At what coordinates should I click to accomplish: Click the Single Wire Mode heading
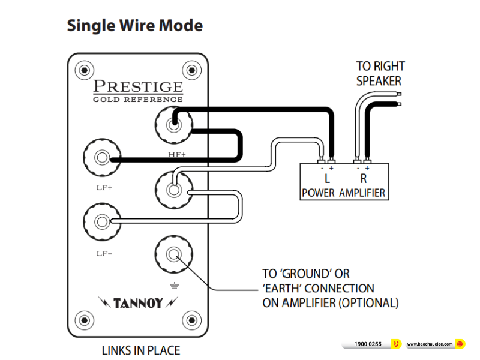tap(134, 26)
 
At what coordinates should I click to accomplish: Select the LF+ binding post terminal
tap(101, 158)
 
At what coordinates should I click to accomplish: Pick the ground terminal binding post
tap(173, 254)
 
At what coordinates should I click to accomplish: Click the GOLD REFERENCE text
tap(137, 99)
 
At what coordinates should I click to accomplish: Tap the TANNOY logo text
tap(138, 302)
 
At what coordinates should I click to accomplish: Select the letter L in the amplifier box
tap(327, 178)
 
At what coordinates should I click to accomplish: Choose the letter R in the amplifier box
tap(363, 178)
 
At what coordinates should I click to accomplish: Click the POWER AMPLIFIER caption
tap(343, 193)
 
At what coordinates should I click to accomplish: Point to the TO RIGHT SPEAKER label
tap(380, 73)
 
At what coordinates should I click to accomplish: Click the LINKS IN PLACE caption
tap(140, 350)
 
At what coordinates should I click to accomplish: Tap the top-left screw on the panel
tap(85, 70)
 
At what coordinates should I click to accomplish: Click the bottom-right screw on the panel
tap(191, 319)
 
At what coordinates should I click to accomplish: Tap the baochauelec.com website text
tap(429, 344)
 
